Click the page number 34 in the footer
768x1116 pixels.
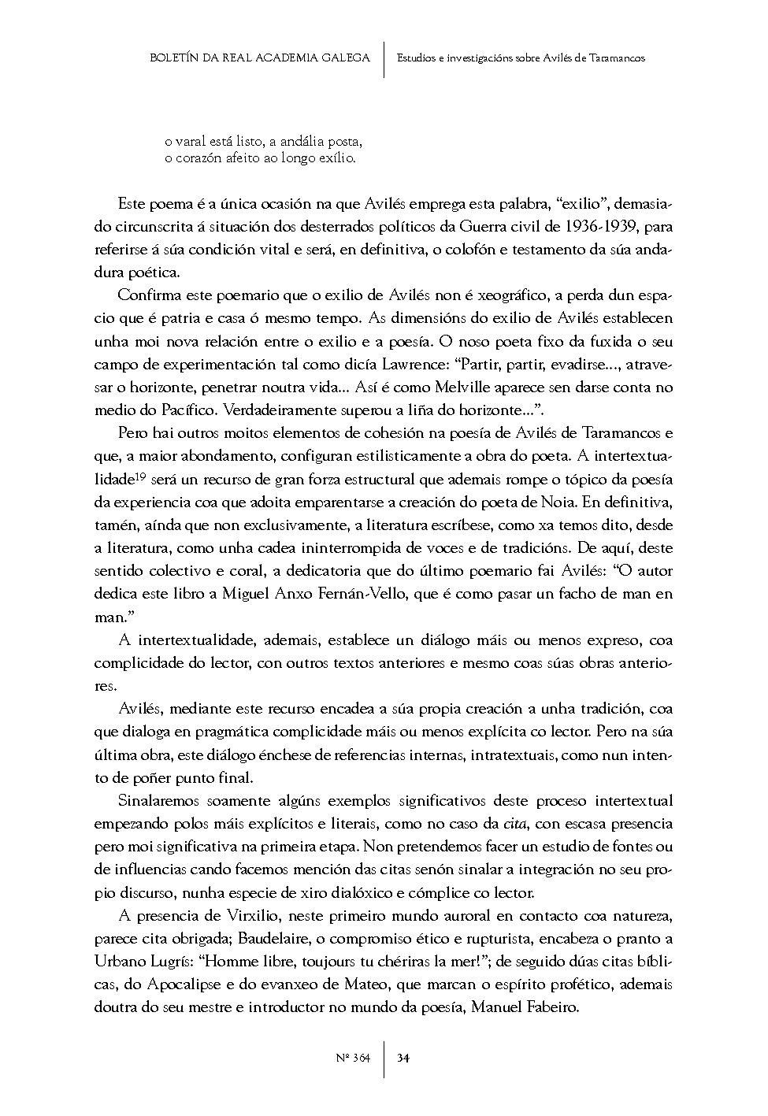[x=403, y=1058]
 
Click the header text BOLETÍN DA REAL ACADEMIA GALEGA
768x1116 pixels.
[x=260, y=57]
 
